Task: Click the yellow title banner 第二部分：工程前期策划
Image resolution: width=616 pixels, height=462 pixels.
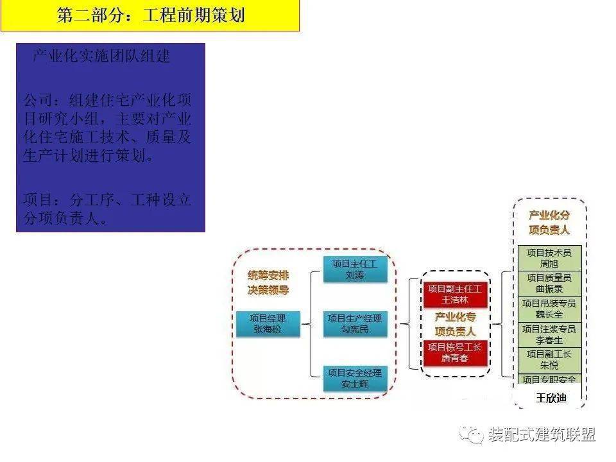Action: point(150,15)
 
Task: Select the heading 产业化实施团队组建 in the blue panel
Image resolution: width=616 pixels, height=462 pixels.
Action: point(101,56)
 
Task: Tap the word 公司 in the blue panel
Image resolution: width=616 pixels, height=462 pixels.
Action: point(38,101)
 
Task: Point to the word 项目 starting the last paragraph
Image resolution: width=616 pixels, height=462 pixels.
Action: point(38,200)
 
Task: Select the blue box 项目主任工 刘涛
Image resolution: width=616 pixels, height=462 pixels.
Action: point(355,269)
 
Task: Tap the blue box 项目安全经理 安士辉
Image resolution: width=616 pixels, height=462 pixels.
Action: point(355,379)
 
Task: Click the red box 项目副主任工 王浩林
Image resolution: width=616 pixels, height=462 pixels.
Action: point(456,294)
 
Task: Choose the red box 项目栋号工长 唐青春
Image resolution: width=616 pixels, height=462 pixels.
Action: point(456,353)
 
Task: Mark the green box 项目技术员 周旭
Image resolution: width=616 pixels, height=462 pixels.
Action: point(549,258)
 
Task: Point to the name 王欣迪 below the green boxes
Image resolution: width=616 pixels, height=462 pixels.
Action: point(551,398)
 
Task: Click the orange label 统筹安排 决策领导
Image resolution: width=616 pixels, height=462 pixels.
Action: point(268,282)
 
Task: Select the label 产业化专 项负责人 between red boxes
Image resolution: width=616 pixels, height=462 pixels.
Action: point(456,324)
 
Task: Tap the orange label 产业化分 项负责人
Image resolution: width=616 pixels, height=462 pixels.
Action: point(549,223)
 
